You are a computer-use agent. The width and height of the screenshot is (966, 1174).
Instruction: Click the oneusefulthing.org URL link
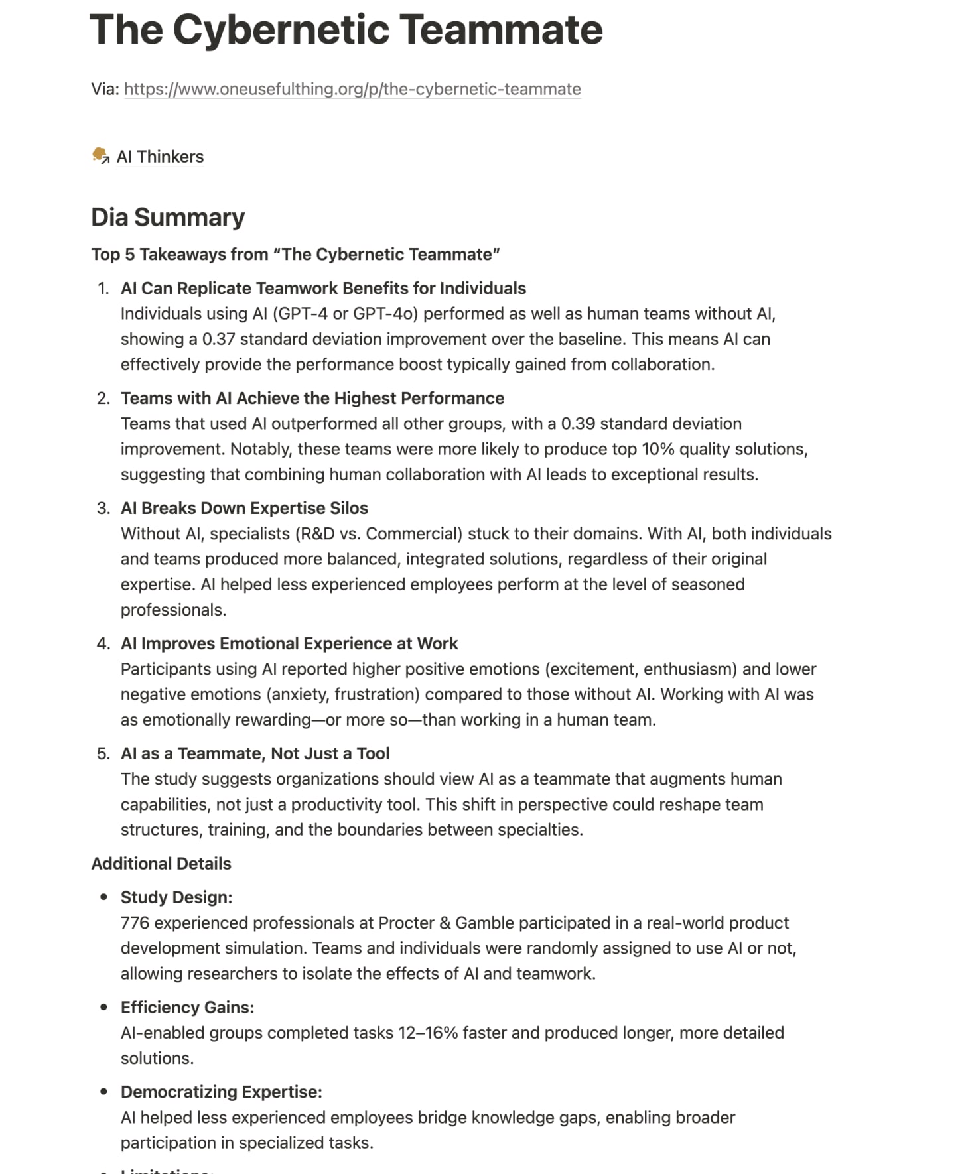point(352,89)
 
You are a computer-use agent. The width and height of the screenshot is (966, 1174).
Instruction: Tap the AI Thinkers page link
point(160,157)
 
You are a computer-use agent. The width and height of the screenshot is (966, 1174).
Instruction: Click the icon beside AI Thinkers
point(100,156)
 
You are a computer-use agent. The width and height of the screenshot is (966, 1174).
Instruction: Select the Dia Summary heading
point(168,218)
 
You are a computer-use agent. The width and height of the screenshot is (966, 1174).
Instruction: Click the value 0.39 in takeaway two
point(577,424)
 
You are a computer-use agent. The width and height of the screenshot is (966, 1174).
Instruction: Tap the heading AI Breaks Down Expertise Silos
point(244,508)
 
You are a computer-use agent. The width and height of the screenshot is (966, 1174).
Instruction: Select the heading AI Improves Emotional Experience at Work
point(289,643)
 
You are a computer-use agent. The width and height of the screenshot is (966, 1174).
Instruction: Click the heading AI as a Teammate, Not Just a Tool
point(255,753)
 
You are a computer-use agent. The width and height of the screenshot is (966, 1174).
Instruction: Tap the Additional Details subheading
point(161,864)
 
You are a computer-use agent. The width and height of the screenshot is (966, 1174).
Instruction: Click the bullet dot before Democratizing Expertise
point(103,1092)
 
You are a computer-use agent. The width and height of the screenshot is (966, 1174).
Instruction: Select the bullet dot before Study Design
point(103,897)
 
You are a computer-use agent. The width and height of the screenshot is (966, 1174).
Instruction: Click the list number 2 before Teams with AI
point(103,398)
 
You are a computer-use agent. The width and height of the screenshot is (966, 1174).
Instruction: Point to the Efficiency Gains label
point(187,1008)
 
